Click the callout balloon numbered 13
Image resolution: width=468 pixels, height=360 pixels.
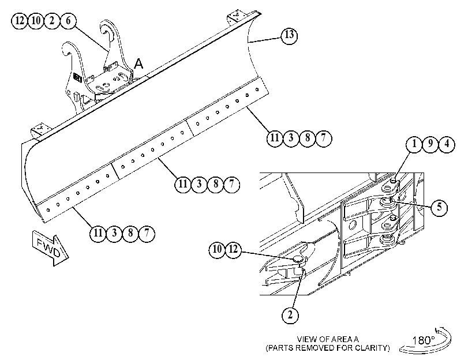click(289, 36)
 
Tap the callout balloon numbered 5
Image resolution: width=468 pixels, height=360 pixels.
click(439, 207)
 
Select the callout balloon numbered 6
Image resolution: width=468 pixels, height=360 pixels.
click(68, 21)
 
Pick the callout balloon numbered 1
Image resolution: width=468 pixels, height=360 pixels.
click(414, 144)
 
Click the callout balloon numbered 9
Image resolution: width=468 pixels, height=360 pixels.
click(430, 144)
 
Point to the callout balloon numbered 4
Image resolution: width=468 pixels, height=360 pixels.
click(447, 144)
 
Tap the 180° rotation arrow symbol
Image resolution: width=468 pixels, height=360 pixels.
click(426, 340)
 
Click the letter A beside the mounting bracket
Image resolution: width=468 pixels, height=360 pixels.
click(138, 64)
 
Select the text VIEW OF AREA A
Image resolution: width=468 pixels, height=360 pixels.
click(328, 339)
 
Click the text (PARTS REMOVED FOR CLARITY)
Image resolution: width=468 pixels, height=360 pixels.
click(328, 348)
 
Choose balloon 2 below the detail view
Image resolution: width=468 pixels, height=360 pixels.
click(290, 314)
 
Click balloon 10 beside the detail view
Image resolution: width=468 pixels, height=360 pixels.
click(218, 249)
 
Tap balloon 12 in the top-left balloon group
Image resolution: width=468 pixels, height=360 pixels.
click(20, 21)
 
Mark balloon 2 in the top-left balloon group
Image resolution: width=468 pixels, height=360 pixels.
click(52, 21)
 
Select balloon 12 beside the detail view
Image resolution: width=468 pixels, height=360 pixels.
click(234, 249)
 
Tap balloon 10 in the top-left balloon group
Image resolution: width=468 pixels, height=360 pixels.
click(36, 21)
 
